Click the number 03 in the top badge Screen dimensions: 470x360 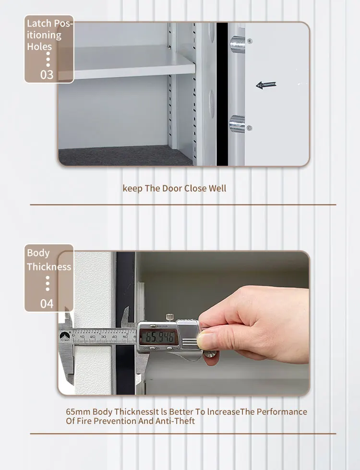pyautogui.click(x=47, y=74)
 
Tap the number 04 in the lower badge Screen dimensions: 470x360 pyautogui.click(x=47, y=303)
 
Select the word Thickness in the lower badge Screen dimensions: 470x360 pyautogui.click(x=49, y=267)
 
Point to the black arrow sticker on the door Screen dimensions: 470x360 pyautogui.click(x=266, y=85)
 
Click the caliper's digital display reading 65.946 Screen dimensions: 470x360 pyautogui.click(x=157, y=336)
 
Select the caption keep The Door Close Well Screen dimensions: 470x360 pyautogui.click(x=174, y=188)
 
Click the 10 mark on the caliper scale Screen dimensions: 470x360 pyautogui.click(x=82, y=337)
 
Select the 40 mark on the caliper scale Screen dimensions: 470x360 pyautogui.click(x=114, y=337)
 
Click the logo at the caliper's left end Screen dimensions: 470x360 pyautogui.click(x=64, y=337)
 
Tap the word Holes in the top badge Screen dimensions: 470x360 pyautogui.click(x=39, y=47)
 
